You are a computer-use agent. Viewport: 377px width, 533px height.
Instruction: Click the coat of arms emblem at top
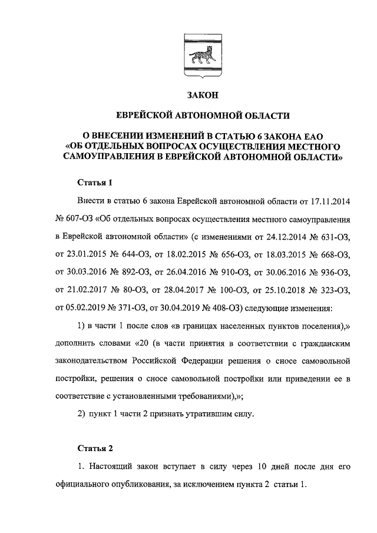203,57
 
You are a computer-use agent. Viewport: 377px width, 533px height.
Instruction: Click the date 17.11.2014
328,201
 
